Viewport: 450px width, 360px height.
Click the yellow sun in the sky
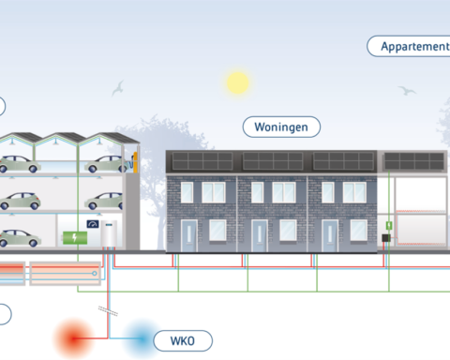[238, 83]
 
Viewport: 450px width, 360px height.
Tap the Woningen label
[281, 126]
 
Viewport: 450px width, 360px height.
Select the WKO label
[183, 339]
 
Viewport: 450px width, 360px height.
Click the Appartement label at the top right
[411, 45]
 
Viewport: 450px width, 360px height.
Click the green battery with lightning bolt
[71, 235]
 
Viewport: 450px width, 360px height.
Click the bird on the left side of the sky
[118, 89]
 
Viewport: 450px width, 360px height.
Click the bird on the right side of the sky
[407, 91]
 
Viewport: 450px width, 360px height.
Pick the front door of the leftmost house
[188, 234]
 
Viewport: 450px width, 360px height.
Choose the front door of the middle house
[261, 234]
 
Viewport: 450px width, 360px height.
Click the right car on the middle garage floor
[105, 201]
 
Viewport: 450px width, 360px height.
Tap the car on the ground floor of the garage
[19, 236]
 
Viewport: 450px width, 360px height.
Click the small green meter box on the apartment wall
[388, 227]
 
